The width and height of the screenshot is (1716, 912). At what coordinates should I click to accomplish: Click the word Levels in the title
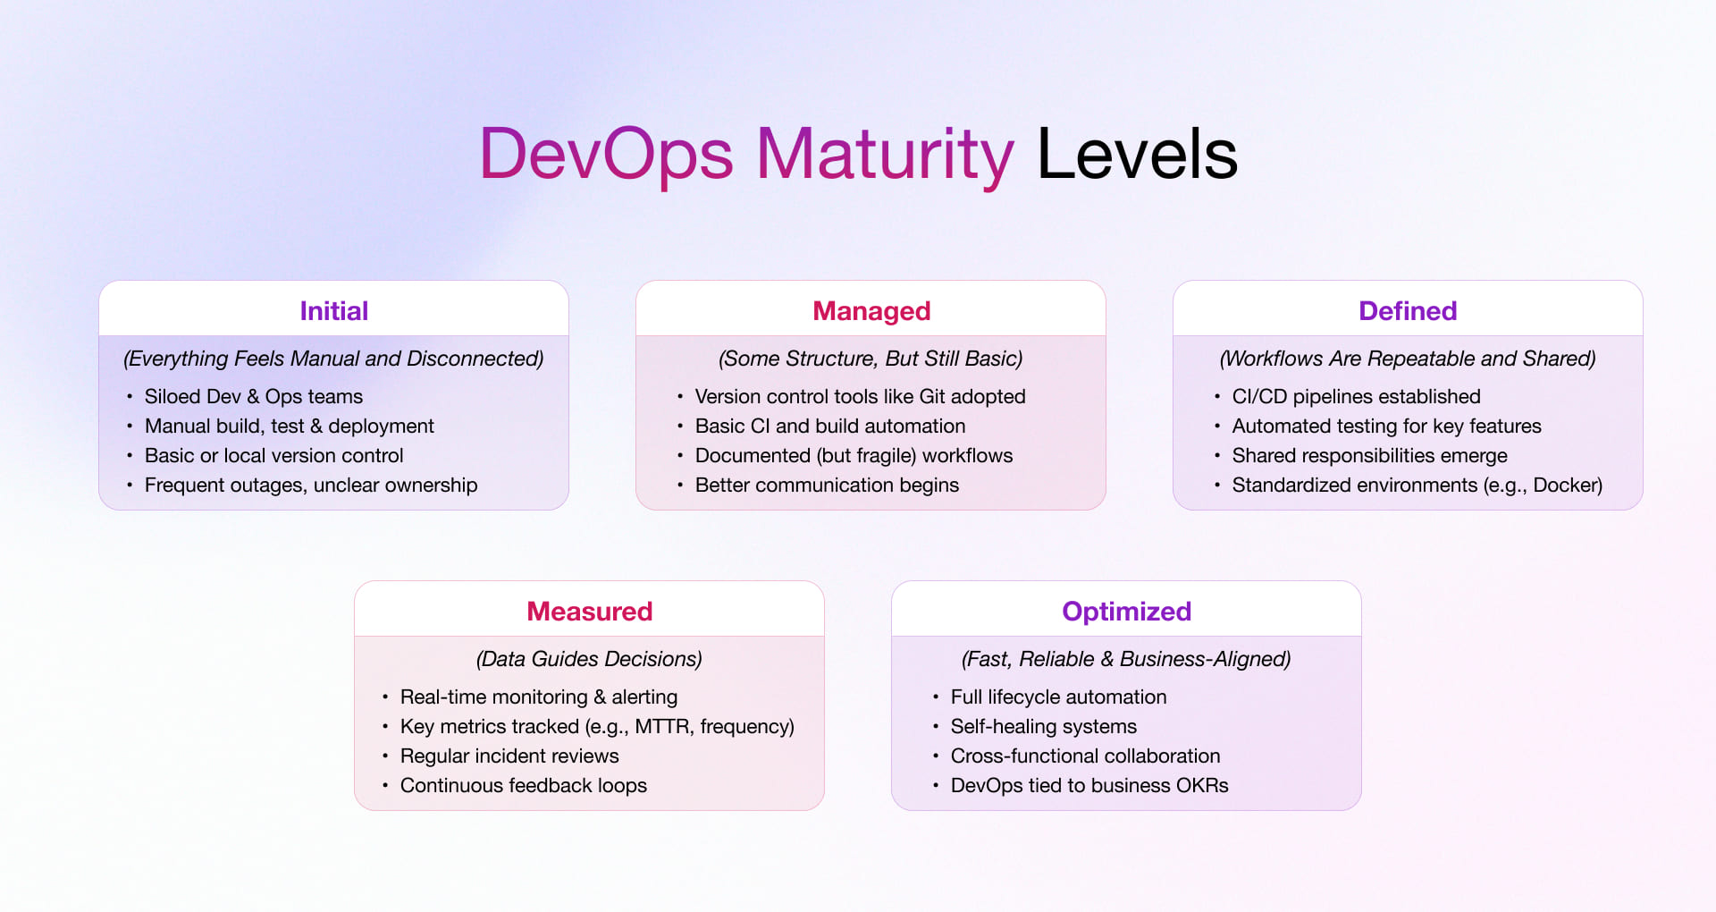click(1136, 155)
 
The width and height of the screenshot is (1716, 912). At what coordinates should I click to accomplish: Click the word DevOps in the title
click(606, 155)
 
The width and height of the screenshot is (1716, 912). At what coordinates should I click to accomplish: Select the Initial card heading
click(333, 310)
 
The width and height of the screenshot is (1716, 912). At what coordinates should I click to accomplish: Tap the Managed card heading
click(871, 310)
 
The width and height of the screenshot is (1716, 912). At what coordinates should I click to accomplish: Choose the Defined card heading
click(1407, 310)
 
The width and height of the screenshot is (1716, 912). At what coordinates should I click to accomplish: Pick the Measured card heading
click(589, 611)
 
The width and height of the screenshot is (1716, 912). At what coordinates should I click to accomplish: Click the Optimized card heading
click(1126, 611)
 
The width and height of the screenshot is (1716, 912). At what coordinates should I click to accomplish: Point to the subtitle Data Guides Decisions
click(589, 659)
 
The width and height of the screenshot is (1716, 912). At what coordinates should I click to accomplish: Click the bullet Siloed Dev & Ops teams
click(253, 396)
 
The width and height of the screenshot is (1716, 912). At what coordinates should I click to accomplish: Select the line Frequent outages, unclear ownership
click(310, 485)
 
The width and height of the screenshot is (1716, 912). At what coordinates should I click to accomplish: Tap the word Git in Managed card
click(931, 396)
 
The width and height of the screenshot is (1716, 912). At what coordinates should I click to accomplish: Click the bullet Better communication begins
click(826, 485)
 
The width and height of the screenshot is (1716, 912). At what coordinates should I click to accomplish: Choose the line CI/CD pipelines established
click(1355, 396)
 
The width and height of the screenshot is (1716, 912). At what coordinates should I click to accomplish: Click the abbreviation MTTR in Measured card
click(662, 726)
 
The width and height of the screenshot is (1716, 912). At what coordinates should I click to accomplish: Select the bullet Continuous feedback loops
click(523, 785)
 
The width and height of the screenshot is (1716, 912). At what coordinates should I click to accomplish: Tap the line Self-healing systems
click(1043, 726)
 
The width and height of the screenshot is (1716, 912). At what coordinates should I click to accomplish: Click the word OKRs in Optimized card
click(1201, 785)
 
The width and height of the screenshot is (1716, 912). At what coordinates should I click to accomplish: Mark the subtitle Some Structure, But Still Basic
click(871, 359)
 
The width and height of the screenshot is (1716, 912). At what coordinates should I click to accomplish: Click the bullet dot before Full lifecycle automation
click(936, 697)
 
